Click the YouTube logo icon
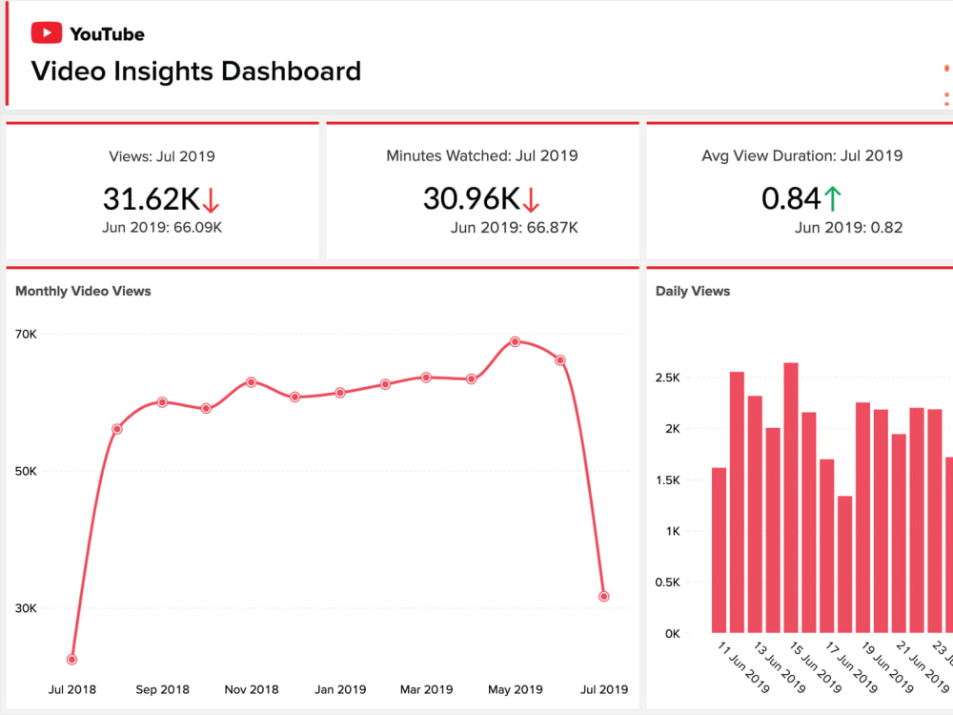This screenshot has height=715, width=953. click(47, 33)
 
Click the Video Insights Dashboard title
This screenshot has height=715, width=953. click(196, 71)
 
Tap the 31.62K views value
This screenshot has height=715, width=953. click(151, 198)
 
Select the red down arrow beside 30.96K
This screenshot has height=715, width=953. click(532, 199)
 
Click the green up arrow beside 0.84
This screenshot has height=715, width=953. click(833, 199)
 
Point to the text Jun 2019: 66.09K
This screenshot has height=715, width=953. click(162, 227)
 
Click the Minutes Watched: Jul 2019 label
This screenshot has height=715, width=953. click(482, 155)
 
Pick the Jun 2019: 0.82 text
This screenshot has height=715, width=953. click(848, 227)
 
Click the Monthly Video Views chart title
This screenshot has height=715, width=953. click(83, 291)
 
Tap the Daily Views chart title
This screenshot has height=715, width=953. click(693, 291)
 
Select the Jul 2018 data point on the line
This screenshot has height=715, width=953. click(71, 660)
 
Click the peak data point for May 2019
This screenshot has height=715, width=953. click(516, 341)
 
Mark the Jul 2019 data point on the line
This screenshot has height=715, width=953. click(604, 597)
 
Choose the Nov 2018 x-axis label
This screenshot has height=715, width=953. click(251, 689)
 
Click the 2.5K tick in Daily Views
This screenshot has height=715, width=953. click(668, 378)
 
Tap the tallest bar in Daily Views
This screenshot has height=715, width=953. click(791, 497)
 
